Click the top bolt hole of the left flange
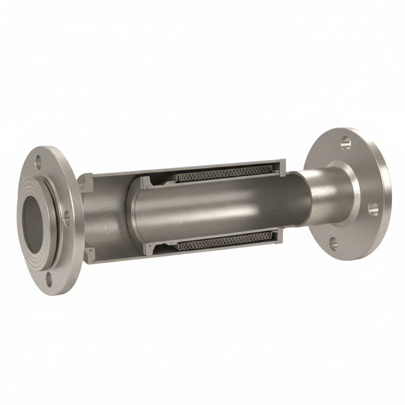coord(38,161)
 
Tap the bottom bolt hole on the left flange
coord(49,279)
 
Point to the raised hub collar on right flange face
coord(348,194)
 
